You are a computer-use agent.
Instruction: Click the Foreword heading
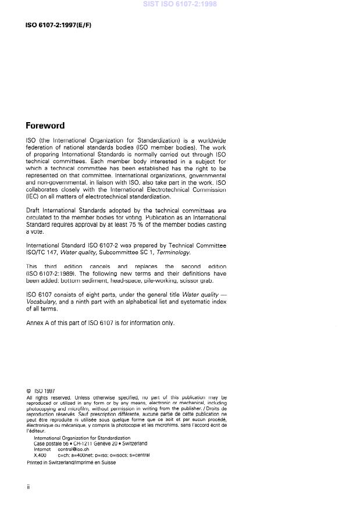pyautogui.click(x=45, y=126)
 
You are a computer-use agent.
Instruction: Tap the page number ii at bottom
pyautogui.click(x=28, y=487)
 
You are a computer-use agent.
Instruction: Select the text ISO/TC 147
pyautogui.click(x=42, y=252)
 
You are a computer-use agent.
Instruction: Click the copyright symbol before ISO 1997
pyautogui.click(x=29, y=391)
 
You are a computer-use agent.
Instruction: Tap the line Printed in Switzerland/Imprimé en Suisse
pyautogui.click(x=71, y=463)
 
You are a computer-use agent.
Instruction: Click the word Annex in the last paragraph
pyautogui.click(x=34, y=323)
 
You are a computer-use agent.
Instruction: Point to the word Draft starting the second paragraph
pyautogui.click(x=34, y=209)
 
